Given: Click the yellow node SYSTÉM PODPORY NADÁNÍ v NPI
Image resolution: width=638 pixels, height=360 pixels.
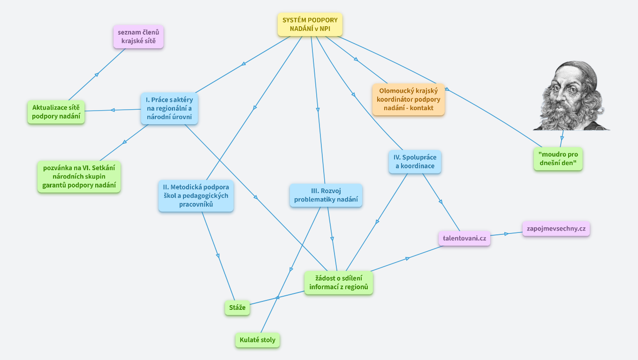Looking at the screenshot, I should coord(310,24).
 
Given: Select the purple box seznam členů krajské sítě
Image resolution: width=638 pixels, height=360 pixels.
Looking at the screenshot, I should coord(138,37).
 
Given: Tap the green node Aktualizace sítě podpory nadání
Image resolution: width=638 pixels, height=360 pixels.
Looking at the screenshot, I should coord(56,112).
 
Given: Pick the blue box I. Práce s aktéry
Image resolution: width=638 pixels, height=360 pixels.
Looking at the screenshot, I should coord(169,108).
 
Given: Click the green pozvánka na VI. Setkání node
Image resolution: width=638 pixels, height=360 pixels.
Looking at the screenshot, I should coord(79,176).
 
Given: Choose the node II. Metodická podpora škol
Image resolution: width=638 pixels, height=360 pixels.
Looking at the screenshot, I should coord(196,195).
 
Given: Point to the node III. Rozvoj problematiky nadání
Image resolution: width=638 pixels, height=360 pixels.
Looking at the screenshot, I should coord(326,195).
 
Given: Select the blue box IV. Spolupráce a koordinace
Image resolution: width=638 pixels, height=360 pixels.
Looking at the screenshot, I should coord(415,162).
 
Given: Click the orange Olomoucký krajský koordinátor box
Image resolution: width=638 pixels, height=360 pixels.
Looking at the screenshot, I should coord(408,99).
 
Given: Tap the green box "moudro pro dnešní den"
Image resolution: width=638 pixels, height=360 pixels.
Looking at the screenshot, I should coord(558,159).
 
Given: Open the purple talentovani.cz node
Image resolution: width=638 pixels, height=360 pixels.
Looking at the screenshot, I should coord(464,238).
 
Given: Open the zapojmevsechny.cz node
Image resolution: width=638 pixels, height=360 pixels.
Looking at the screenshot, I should coord(556,228).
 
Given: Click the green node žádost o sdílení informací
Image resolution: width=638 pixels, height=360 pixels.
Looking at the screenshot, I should coord(339,283).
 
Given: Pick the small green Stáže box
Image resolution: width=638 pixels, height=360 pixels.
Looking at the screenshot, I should coord(237,307).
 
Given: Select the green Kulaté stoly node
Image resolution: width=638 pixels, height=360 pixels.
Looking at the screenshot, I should coord(258,340).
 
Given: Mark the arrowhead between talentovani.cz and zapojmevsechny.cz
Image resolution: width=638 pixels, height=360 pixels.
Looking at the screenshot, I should coord(506,233).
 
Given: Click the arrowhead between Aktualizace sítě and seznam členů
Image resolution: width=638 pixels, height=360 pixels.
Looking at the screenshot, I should coord(97,74).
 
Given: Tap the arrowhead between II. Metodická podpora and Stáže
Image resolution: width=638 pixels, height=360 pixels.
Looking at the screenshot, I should coord(218,255).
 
